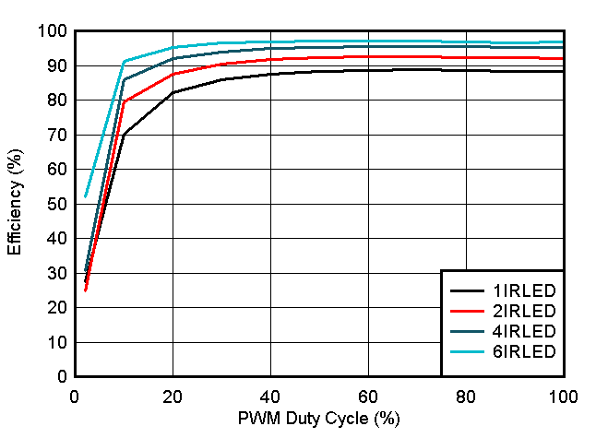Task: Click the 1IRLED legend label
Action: pyautogui.click(x=525, y=290)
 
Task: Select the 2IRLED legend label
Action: pyautogui.click(x=525, y=311)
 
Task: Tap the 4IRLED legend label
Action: pyautogui.click(x=525, y=331)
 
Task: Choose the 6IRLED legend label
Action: pyautogui.click(x=525, y=351)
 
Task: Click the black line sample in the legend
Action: pyautogui.click(x=467, y=290)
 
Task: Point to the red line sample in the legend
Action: pyautogui.click(x=467, y=311)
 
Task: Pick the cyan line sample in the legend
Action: pyautogui.click(x=467, y=351)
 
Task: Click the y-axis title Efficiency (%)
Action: pyautogui.click(x=15, y=203)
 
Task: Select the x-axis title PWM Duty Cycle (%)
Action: pyautogui.click(x=319, y=420)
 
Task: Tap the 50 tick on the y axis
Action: pyautogui.click(x=55, y=204)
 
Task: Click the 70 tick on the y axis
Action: pyautogui.click(x=55, y=135)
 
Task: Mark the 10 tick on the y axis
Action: pyautogui.click(x=55, y=342)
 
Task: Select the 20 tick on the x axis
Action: pyautogui.click(x=173, y=396)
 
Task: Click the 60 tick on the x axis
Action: pyautogui.click(x=368, y=396)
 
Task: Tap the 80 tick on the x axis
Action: pyautogui.click(x=466, y=396)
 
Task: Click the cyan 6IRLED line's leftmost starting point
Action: pyautogui.click(x=85, y=196)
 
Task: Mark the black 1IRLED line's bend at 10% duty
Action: pyautogui.click(x=124, y=135)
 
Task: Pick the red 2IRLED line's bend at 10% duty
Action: pyautogui.click(x=124, y=102)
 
